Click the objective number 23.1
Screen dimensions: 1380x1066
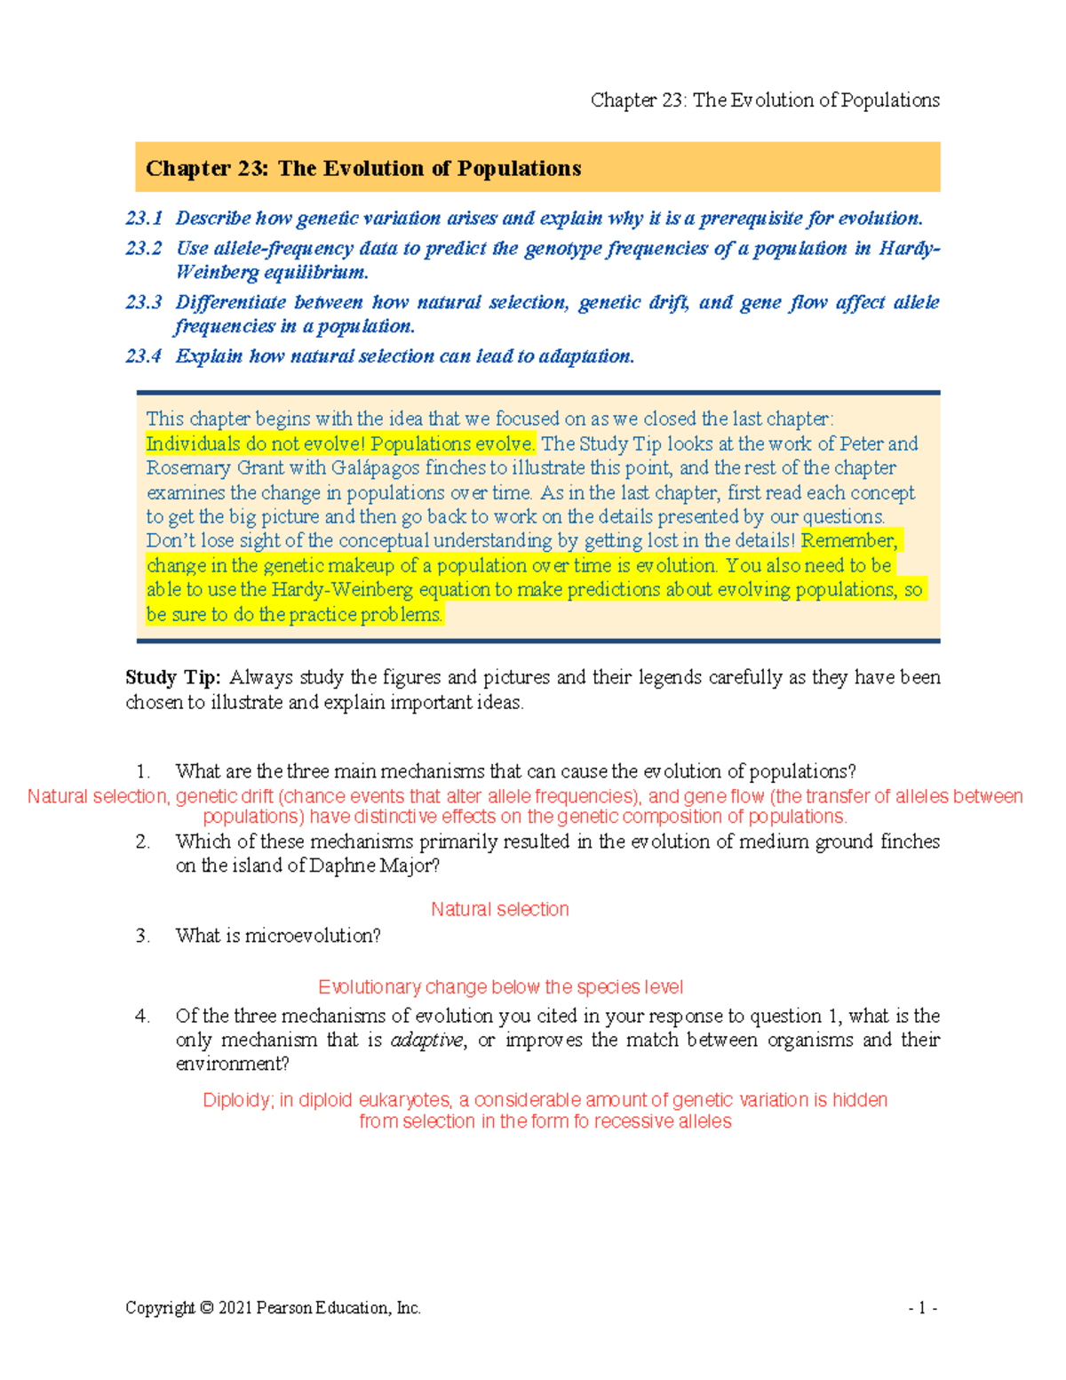point(144,219)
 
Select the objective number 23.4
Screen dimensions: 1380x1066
point(144,356)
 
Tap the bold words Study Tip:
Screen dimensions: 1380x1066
point(172,678)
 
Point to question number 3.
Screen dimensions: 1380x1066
point(143,936)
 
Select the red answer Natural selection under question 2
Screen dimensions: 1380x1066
point(499,910)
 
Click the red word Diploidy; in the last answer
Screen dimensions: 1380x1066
point(238,1100)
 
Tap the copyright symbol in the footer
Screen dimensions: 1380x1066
point(207,1308)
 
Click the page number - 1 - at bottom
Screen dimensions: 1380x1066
point(922,1308)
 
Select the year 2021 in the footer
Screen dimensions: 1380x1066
point(235,1308)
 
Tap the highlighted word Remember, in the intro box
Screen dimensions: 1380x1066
point(849,541)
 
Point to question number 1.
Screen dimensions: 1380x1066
point(143,771)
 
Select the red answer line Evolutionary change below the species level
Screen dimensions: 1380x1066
point(500,987)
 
